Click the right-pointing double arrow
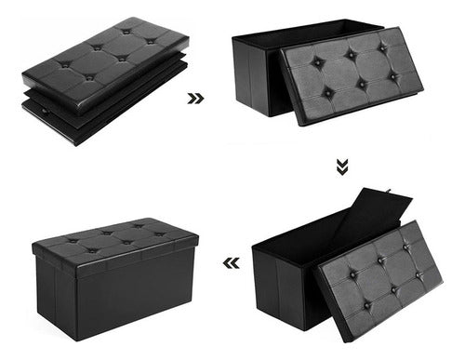195,97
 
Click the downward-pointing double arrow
342,167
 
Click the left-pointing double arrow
232,263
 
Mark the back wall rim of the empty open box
307,26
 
